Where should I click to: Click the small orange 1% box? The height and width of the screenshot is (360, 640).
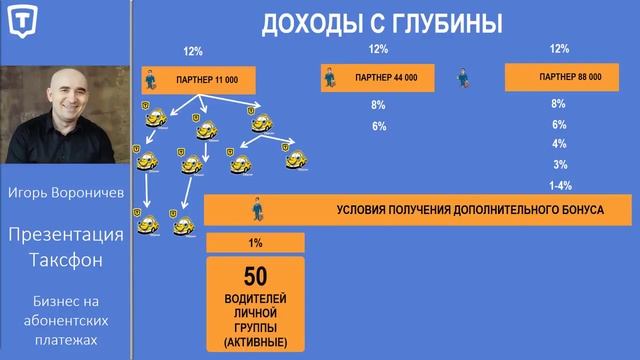tap(255, 242)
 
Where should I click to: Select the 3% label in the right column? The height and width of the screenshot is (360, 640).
tap(559, 164)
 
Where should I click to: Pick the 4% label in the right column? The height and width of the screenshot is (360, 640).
tap(559, 144)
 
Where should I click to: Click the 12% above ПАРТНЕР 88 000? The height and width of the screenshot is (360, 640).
tap(559, 48)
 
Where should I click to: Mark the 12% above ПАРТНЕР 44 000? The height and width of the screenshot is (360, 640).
tap(378, 48)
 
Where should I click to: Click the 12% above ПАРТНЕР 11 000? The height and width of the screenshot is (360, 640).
tap(193, 51)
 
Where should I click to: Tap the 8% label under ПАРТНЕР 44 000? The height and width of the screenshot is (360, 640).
tap(378, 105)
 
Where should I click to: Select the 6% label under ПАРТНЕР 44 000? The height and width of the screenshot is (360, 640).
tap(378, 126)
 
